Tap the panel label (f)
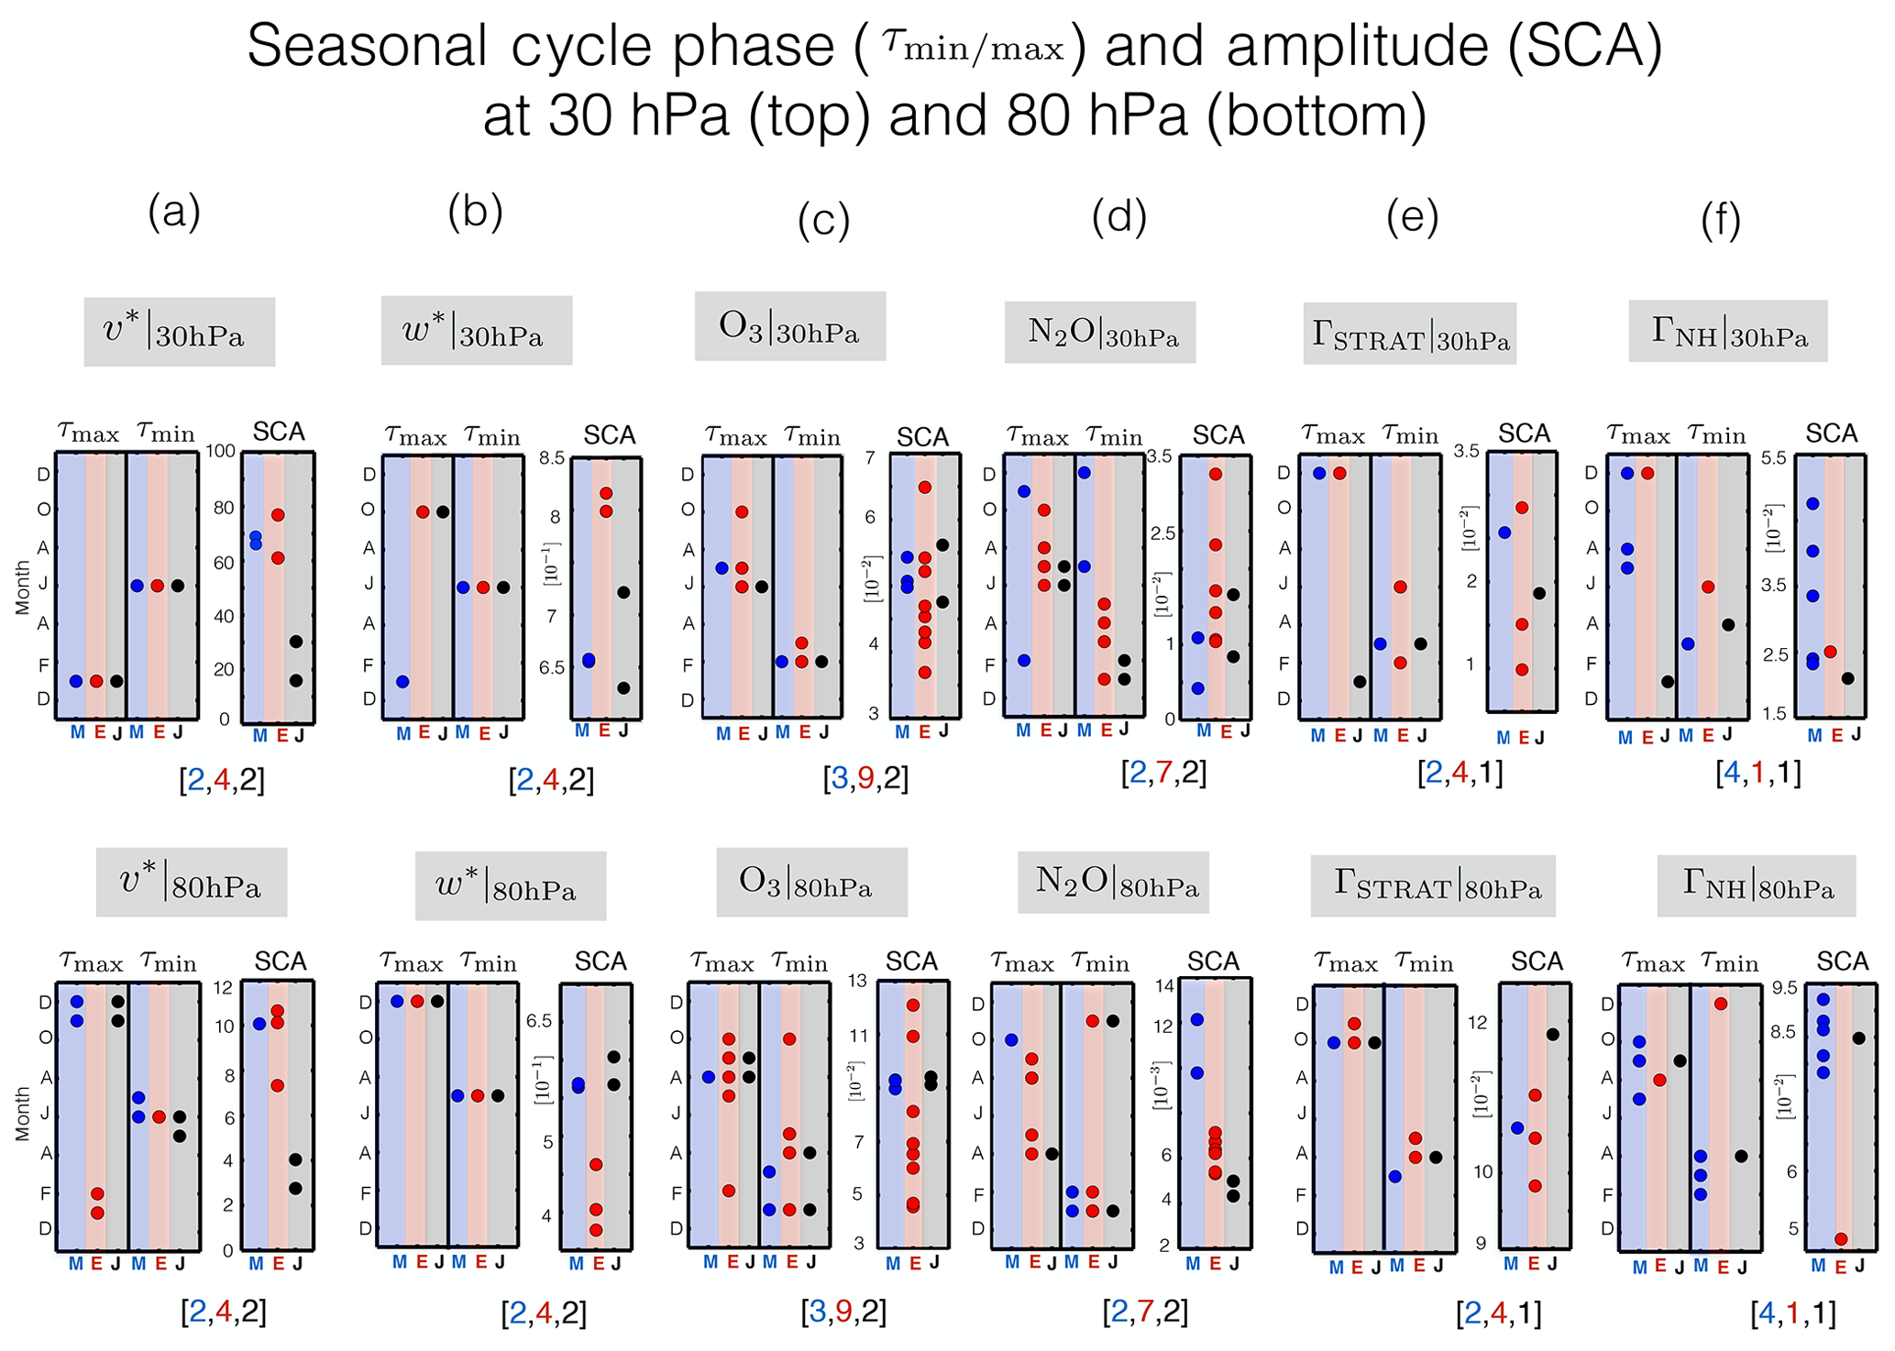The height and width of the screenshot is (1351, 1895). (1720, 220)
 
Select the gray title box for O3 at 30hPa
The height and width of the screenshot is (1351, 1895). (789, 327)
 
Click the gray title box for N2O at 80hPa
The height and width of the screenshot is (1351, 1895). (1113, 882)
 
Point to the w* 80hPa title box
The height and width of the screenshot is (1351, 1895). (510, 886)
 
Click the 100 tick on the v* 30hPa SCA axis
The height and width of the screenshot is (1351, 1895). (220, 452)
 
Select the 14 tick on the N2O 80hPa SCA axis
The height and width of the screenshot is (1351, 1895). (1164, 986)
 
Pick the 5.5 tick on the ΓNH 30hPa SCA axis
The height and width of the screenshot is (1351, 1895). (1775, 458)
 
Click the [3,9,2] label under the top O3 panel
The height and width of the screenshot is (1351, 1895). (865, 778)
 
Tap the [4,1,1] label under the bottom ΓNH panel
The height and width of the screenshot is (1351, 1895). (1792, 1313)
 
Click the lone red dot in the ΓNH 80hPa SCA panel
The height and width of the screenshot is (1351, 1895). (1840, 1239)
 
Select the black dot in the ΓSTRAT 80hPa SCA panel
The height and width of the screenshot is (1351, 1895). (1553, 1034)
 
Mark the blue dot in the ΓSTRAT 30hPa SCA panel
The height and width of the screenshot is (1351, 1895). (1504, 533)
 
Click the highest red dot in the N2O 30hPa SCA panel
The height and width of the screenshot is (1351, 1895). (1216, 474)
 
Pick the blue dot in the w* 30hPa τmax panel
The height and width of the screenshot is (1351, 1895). (402, 682)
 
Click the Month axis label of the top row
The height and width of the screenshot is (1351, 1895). (23, 588)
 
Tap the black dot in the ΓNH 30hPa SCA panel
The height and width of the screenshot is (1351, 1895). (1848, 678)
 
